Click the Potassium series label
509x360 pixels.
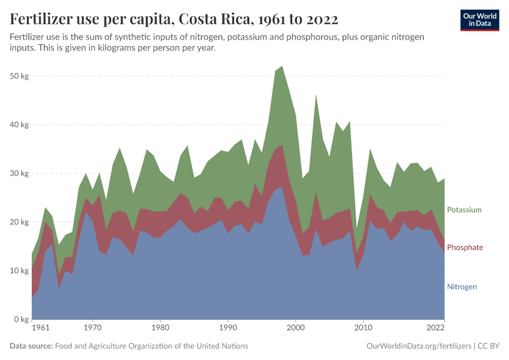coord(464,210)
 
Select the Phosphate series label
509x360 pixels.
coord(465,247)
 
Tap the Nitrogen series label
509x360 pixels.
coord(462,287)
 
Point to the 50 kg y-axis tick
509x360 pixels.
coord(20,76)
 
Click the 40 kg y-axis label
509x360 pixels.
coord(20,125)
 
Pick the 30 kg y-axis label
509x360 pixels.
coord(20,173)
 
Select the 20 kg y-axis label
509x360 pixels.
coord(20,222)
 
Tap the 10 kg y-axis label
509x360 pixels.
coord(20,271)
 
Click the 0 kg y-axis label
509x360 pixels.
coord(22,319)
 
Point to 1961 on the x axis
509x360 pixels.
coord(41,328)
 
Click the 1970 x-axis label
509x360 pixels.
coord(92,328)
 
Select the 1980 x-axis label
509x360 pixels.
coord(160,328)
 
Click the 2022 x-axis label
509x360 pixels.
coord(435,328)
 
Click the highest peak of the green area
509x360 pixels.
coord(282,67)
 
